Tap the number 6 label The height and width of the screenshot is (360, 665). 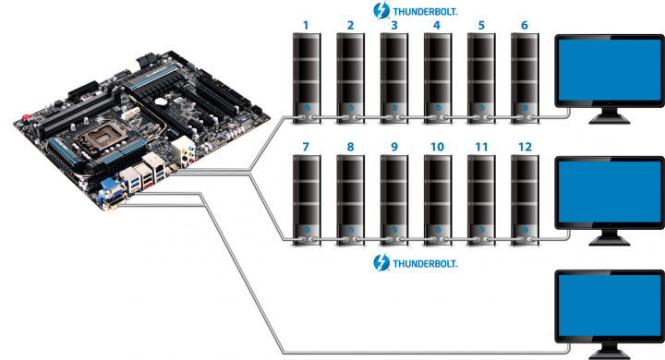tap(525, 26)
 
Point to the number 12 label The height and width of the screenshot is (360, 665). tap(525, 147)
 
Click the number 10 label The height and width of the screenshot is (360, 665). tap(436, 147)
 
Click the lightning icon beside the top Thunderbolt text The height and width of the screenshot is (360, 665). tap(380, 10)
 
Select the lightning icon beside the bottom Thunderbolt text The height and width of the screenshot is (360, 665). tap(380, 263)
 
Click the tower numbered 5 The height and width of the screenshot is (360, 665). tap(480, 78)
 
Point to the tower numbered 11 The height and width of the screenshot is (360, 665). tap(480, 198)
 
